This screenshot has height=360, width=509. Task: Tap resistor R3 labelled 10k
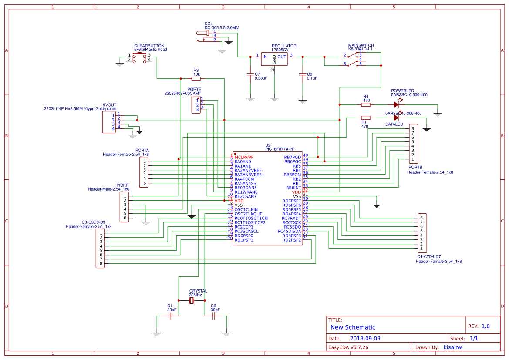coord(196,79)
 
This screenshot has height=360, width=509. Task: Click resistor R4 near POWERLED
coord(366,105)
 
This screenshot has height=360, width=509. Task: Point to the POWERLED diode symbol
coord(396,104)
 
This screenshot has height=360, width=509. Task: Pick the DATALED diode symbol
coord(396,118)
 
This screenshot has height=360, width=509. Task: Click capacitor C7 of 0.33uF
coord(250,74)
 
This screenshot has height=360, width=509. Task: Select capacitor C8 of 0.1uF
coord(303,74)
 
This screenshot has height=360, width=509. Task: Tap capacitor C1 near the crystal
coord(170,317)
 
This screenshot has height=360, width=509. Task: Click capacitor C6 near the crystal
coord(213,317)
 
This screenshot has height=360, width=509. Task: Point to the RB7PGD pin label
coord(292,157)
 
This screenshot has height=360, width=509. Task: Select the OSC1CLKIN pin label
coord(246,209)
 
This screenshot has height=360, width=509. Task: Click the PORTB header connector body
coord(413,144)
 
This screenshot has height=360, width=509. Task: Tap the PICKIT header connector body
coord(125,207)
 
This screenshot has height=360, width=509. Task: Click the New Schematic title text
coord(353,327)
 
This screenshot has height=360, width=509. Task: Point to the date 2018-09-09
coord(365,338)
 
